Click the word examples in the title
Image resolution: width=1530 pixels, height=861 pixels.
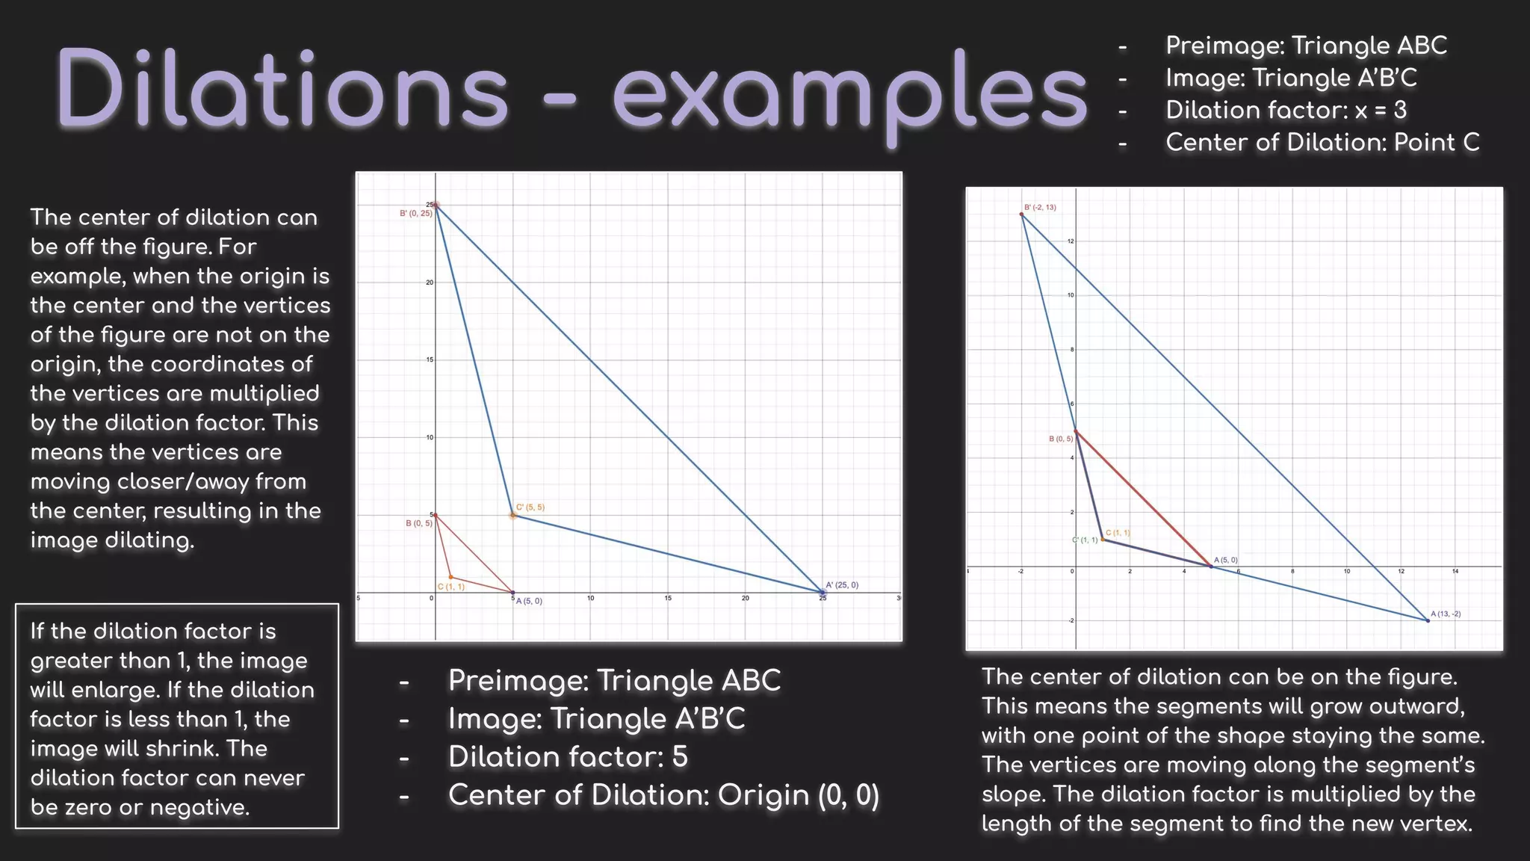pos(849,95)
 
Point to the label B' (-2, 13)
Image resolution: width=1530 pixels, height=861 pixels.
pos(1040,207)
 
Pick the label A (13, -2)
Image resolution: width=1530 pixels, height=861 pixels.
pos(1446,614)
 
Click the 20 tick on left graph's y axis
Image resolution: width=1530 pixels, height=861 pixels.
pos(430,283)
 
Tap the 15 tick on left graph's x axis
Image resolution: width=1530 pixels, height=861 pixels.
pos(668,599)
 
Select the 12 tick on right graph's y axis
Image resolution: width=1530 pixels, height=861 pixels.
pos(1070,241)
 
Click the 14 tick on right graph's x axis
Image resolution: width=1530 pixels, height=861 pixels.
pos(1455,572)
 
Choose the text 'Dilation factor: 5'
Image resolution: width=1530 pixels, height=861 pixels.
pos(568,757)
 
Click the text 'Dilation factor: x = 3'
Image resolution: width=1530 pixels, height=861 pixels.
pos(1286,111)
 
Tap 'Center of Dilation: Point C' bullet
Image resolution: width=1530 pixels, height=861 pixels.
pos(1322,143)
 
